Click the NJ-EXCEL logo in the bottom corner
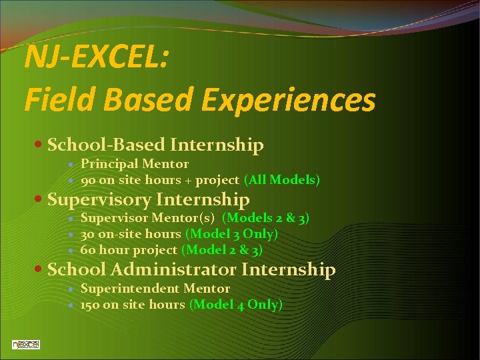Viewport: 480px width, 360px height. click(x=26, y=344)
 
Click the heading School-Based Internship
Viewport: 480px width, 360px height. click(x=155, y=145)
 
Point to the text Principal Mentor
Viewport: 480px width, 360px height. click(x=135, y=164)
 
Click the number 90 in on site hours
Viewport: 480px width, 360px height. click(x=88, y=180)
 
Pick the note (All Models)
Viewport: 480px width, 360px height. click(x=282, y=180)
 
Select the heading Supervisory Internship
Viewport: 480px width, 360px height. click(x=149, y=199)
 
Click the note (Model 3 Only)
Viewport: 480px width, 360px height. click(x=231, y=234)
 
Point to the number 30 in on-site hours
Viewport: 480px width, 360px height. click(x=88, y=234)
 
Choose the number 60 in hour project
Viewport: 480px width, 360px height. click(x=88, y=250)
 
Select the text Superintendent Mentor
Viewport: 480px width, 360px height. click(x=155, y=289)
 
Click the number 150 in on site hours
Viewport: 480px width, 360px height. click(x=91, y=305)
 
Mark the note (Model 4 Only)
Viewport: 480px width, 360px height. click(x=236, y=305)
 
